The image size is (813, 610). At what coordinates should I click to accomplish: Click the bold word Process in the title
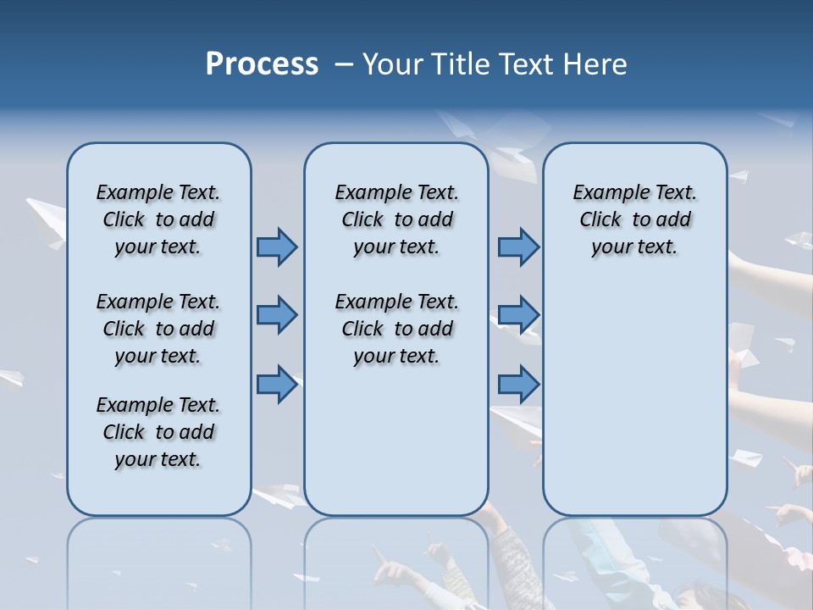[x=262, y=64]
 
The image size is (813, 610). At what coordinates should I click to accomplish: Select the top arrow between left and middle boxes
[x=276, y=247]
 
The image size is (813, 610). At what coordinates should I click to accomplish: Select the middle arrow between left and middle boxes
[x=276, y=315]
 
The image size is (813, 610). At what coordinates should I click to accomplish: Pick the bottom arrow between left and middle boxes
[x=276, y=384]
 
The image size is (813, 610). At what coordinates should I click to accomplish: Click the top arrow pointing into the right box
[x=518, y=247]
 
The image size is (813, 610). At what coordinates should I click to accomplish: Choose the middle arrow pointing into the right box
[x=518, y=315]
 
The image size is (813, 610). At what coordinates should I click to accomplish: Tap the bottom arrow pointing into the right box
[x=518, y=384]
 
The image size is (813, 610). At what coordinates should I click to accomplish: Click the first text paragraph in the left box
[x=158, y=219]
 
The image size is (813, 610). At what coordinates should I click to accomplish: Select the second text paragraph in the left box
[x=158, y=329]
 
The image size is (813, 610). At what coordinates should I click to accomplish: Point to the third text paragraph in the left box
[x=158, y=432]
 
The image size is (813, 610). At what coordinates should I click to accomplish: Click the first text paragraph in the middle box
[x=396, y=219]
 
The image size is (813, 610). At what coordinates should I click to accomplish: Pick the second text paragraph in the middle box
[x=396, y=329]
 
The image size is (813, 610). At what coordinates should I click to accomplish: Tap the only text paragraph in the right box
[x=634, y=219]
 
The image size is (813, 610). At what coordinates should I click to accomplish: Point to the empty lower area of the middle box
[x=396, y=441]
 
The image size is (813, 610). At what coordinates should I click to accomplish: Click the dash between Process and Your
[x=344, y=64]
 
